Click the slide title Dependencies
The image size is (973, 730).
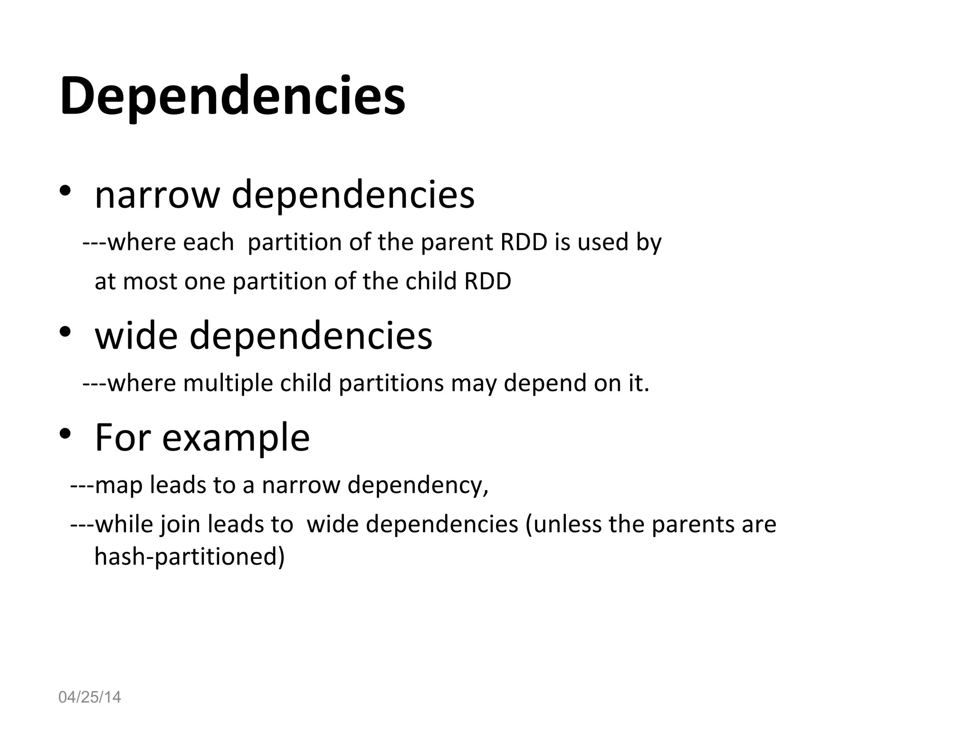click(232, 96)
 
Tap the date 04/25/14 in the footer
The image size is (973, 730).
click(89, 697)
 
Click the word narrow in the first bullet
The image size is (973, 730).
click(157, 194)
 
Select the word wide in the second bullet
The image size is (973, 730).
click(135, 336)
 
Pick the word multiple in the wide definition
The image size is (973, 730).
click(228, 383)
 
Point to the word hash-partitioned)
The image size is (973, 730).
click(190, 556)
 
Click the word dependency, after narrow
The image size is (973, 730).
click(418, 486)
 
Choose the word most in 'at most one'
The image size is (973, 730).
click(150, 281)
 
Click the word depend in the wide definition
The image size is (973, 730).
click(545, 383)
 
